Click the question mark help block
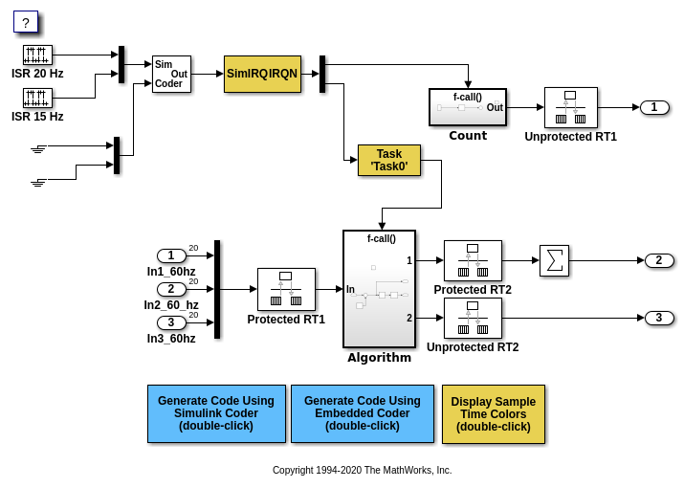[26, 22]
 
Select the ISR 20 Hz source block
[37, 55]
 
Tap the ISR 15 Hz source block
[37, 98]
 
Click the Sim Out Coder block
[171, 74]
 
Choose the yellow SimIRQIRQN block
[262, 74]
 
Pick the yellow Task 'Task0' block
[388, 160]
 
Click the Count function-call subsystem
[467, 107]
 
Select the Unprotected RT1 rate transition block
[570, 107]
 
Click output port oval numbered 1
[653, 107]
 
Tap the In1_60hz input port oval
[171, 255]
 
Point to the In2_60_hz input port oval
[171, 289]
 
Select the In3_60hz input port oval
[171, 322]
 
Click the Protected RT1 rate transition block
[286, 289]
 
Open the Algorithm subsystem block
[379, 289]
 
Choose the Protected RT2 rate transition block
[473, 260]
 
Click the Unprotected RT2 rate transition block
[473, 318]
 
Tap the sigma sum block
[554, 260]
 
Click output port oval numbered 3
[659, 318]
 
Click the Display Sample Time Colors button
[493, 414]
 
